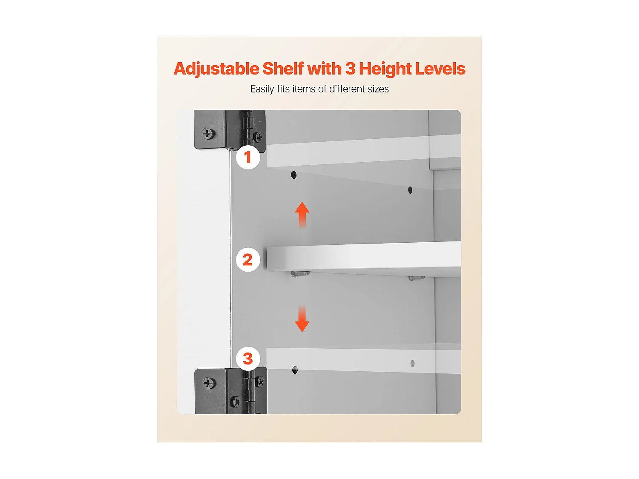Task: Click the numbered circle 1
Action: click(248, 158)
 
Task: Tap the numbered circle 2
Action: click(248, 259)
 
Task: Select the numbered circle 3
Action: click(248, 359)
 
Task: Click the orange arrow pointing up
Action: click(302, 215)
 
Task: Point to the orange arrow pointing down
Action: click(302, 318)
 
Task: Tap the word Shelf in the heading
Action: click(283, 69)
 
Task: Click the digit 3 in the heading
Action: click(351, 69)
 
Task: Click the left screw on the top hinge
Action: click(207, 134)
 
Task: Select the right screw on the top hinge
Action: click(259, 137)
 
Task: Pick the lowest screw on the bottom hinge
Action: click(236, 402)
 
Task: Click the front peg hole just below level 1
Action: click(294, 175)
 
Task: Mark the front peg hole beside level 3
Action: click(295, 370)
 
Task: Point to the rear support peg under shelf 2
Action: click(417, 278)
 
